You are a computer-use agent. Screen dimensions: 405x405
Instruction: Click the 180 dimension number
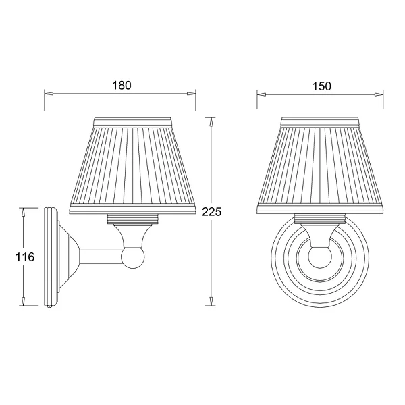point(122,86)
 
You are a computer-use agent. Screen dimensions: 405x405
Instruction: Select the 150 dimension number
point(321,86)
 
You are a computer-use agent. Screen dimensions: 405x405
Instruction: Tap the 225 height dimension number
point(212,212)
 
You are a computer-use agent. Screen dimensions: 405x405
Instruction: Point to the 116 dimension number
point(25,257)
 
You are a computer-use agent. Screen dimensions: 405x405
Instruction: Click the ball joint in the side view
point(133,258)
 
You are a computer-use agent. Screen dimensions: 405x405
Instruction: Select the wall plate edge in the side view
point(51,256)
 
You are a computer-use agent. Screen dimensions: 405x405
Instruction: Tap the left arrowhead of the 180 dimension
point(49,94)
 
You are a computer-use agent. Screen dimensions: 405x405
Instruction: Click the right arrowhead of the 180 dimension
point(191,94)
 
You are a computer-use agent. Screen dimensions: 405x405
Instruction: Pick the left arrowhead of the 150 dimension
point(262,94)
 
